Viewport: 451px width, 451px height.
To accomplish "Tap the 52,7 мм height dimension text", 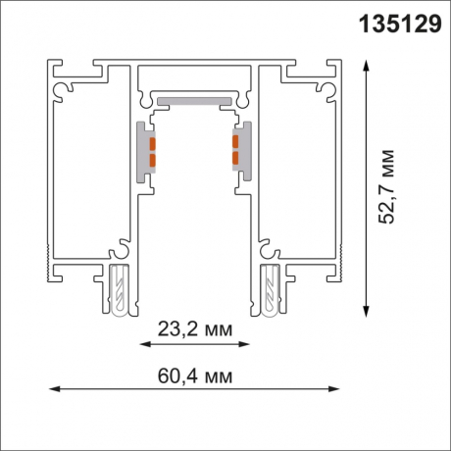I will tap(387, 186).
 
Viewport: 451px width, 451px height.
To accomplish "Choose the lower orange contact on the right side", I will tap(236, 157).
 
